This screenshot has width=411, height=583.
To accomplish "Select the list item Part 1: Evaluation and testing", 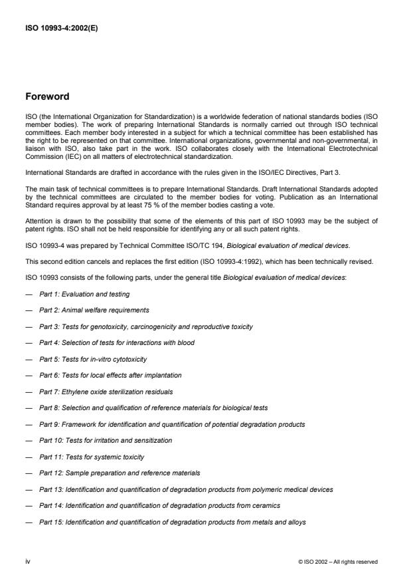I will (84, 294).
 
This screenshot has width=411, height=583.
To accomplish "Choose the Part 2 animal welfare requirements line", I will (94, 310).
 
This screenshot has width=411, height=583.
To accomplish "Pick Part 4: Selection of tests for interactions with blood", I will (117, 342).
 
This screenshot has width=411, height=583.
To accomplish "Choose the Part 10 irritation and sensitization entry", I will (106, 440).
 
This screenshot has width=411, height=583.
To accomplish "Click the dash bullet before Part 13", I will (29, 489).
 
